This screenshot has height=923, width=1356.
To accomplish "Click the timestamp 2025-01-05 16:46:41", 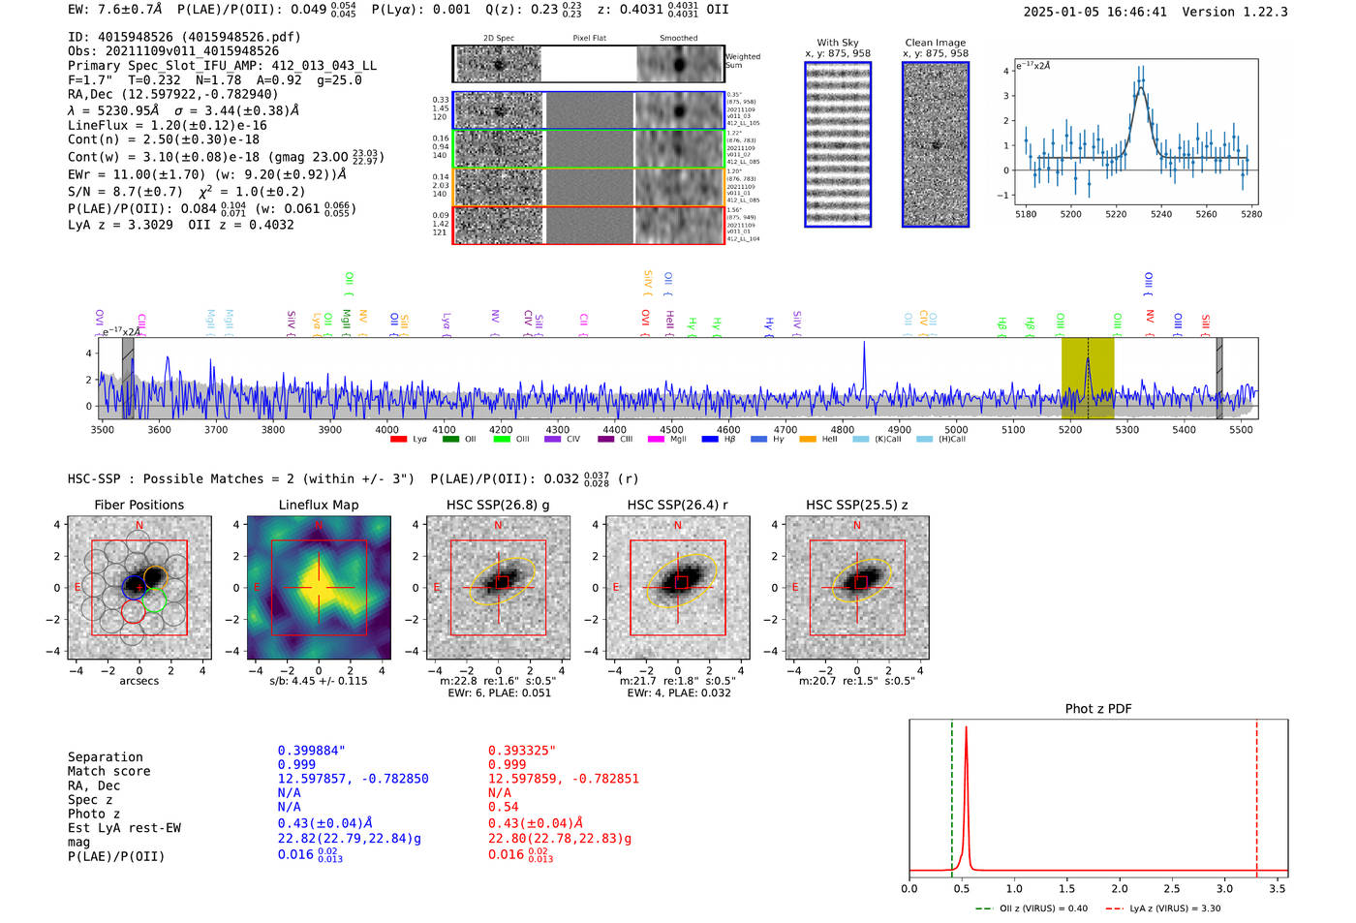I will coord(1094,13).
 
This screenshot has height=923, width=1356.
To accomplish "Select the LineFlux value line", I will coord(168,126).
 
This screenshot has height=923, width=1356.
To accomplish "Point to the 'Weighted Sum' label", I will coord(743,61).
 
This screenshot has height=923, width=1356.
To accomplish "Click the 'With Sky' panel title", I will coord(837,43).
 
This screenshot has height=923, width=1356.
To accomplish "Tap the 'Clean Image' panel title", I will coord(935,43).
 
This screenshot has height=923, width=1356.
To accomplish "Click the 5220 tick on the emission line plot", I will coord(1116,214).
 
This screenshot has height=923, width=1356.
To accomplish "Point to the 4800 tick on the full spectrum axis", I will coord(843,430).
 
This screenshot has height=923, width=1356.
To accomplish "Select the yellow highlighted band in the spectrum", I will coord(1087,378).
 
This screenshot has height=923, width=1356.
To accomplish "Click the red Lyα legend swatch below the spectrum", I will coord(398,440).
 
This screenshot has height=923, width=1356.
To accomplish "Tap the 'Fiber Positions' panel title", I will coord(139,505).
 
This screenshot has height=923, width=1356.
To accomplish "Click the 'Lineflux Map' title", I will coord(318,505).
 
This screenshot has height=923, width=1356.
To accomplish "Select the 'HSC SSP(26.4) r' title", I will coord(677,505).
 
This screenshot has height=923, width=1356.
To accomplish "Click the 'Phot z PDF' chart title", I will coord(1097,709).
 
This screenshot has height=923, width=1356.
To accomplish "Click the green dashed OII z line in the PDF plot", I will coord(951,794).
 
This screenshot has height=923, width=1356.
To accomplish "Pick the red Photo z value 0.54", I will coord(503,807).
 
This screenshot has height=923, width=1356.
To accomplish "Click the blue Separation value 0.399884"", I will coord(312,751).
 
